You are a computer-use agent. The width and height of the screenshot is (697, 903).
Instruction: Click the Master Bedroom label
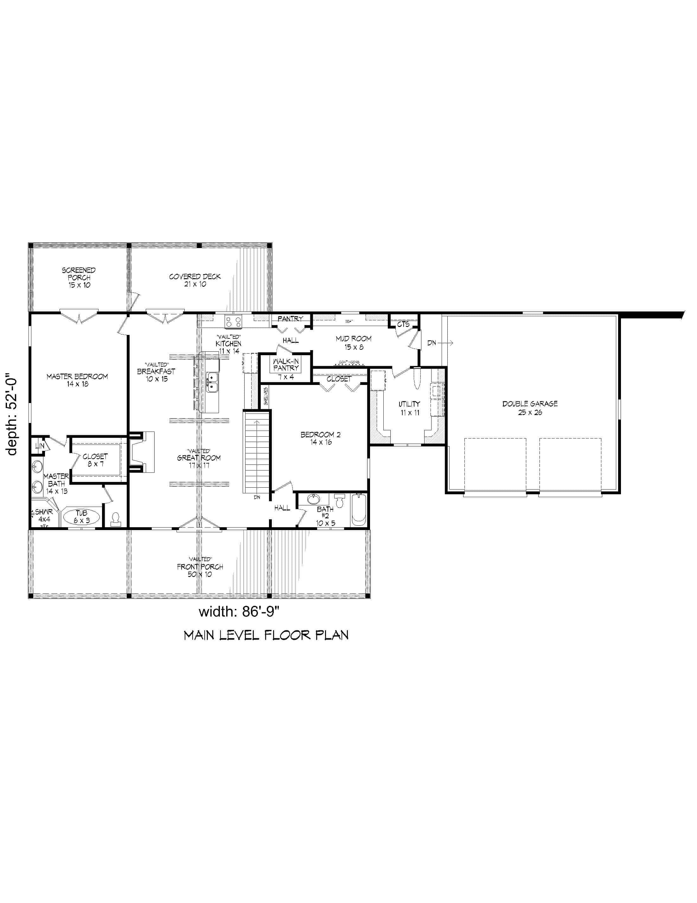77,380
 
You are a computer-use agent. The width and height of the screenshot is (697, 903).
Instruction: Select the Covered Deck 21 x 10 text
195,280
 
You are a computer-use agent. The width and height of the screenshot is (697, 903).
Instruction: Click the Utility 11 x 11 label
409,408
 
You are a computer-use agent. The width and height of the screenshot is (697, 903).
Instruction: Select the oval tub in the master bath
81,517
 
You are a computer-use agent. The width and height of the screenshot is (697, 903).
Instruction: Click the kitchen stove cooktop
233,321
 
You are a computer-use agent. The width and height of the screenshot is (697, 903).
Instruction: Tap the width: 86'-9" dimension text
240,611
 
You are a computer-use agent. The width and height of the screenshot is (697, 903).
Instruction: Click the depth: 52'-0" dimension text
12,414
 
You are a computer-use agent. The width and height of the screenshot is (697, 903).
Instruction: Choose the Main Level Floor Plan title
266,635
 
